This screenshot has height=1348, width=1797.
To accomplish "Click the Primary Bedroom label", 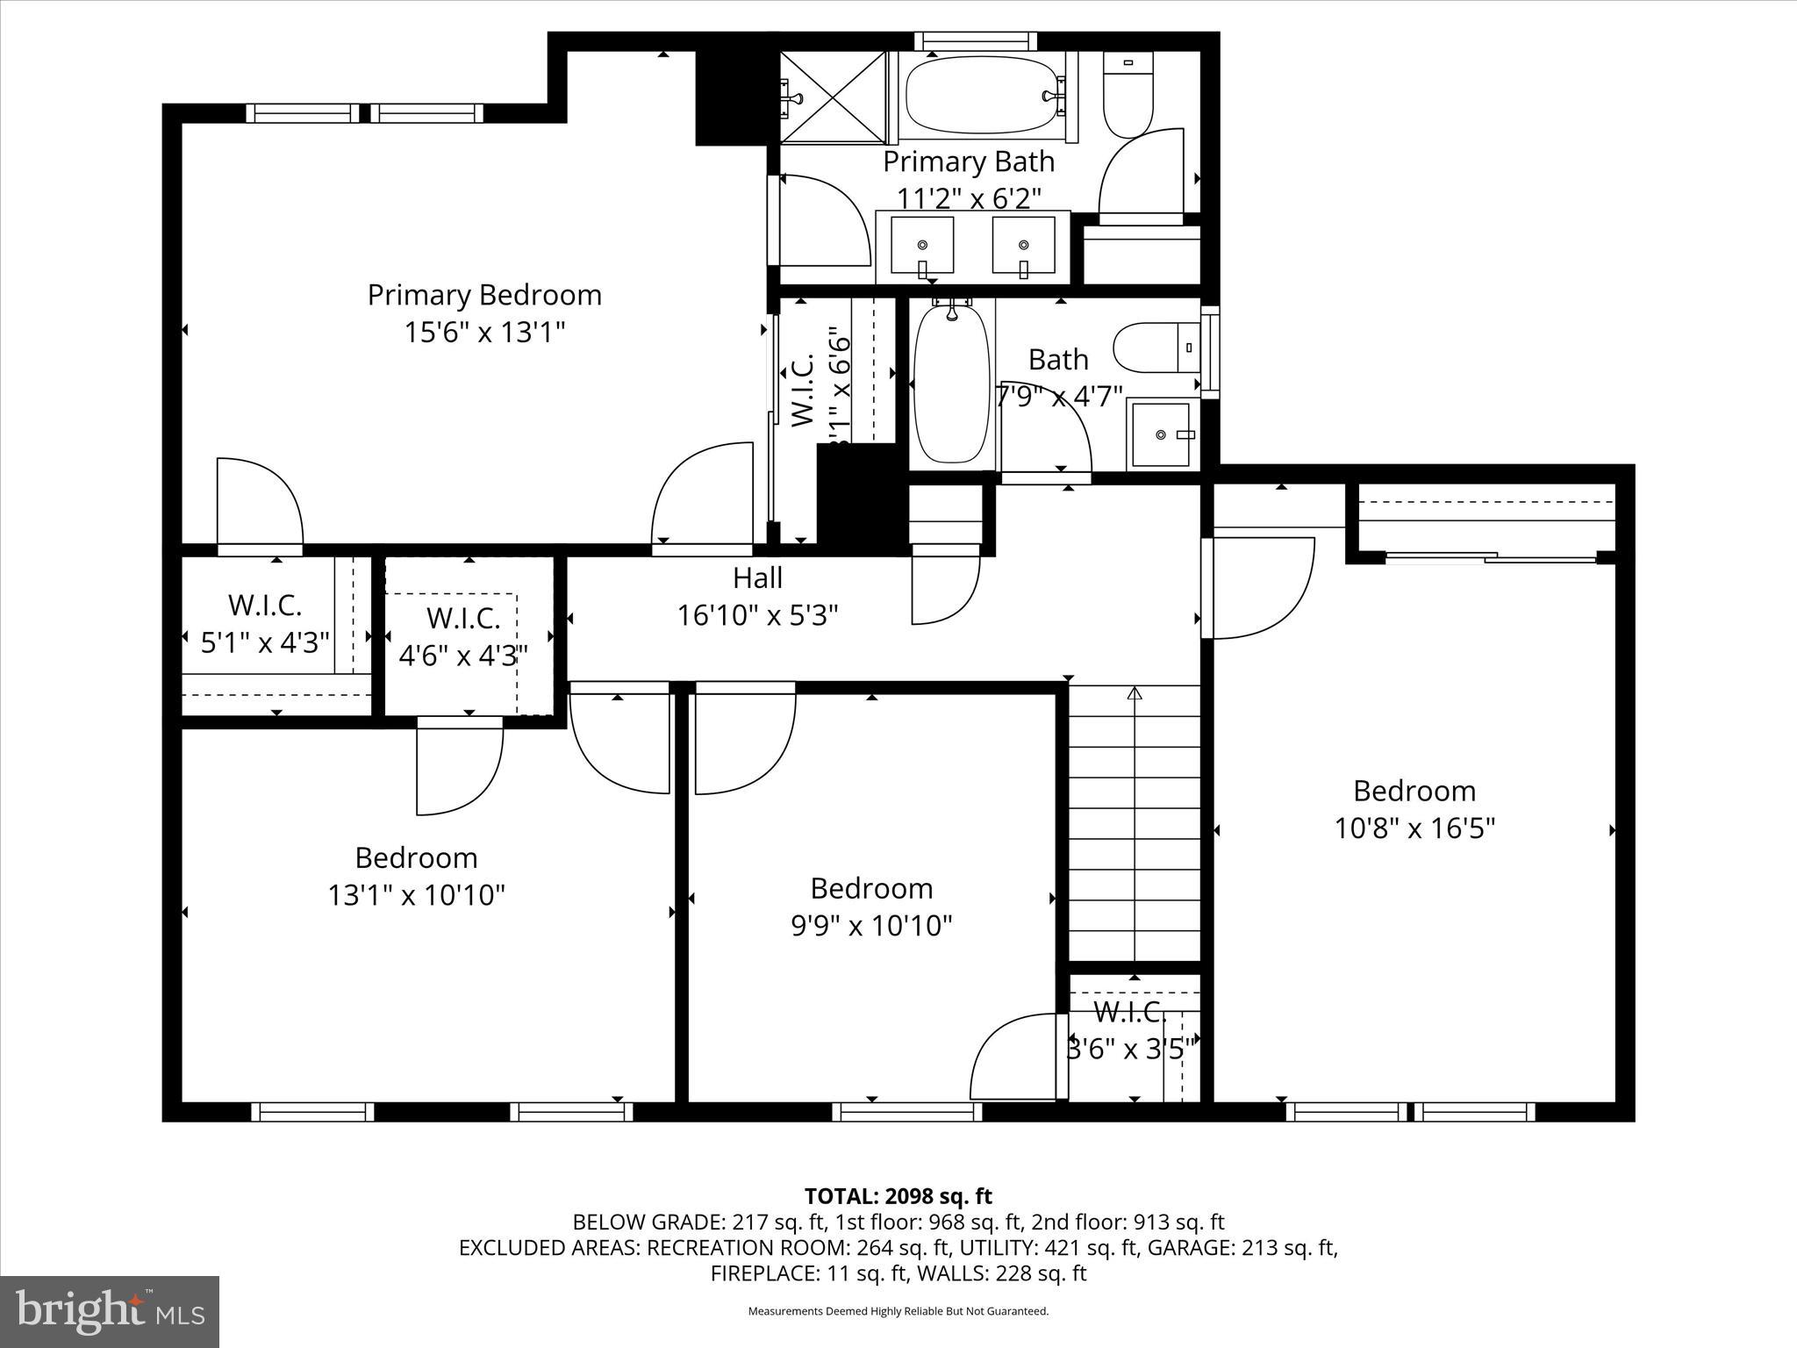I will [484, 295].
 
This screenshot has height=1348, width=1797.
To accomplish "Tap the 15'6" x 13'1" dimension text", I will [484, 333].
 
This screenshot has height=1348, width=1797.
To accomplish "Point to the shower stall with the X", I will [834, 97].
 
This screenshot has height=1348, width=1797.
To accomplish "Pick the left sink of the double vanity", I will [921, 246].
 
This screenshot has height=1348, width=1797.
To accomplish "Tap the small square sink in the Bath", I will [1162, 434].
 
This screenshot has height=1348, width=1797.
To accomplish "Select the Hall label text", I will [757, 578].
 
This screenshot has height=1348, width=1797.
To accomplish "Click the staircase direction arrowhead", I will [1135, 694].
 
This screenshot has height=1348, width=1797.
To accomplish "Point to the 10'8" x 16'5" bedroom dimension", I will [1414, 828].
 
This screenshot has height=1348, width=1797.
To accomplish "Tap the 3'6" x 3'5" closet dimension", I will [1130, 1049].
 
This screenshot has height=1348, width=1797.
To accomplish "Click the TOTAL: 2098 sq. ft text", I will [898, 1196].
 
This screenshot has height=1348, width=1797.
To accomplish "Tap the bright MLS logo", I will [110, 1312].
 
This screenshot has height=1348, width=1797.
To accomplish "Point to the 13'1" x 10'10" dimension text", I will [416, 895].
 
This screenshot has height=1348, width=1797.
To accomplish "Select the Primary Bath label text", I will [968, 162].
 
